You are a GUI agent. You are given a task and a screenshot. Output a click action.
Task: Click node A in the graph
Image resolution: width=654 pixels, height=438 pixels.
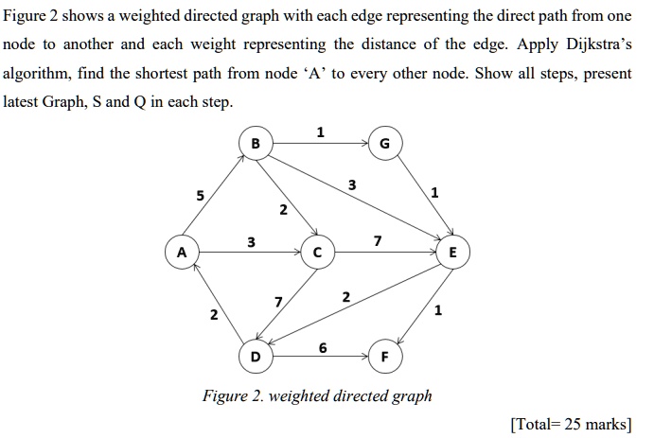[182, 253]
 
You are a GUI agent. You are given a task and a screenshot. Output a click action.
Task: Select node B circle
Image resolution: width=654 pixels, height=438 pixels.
[256, 144]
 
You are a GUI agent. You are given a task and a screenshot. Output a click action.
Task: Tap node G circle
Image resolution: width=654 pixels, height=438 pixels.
[385, 144]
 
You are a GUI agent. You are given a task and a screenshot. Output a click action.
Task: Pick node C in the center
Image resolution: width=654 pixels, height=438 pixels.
[317, 253]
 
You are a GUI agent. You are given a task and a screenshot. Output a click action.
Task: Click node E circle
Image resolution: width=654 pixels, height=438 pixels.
[453, 253]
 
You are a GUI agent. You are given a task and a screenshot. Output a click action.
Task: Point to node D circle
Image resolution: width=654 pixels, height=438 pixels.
[256, 357]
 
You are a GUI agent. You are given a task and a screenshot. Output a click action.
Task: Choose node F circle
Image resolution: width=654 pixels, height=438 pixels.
[385, 357]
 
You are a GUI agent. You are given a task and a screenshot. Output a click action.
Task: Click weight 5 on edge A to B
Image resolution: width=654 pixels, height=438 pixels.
[201, 195]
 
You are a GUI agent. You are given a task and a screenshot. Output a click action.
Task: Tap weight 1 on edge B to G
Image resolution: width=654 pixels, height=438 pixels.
[320, 132]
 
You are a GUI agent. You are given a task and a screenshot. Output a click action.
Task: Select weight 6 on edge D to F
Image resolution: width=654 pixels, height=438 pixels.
[323, 347]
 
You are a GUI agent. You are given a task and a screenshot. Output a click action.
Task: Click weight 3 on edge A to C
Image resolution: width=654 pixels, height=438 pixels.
[251, 242]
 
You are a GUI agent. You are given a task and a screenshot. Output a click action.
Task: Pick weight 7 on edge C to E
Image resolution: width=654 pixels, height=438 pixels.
[378, 241]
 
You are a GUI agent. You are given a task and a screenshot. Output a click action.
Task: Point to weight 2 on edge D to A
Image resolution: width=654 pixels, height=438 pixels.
[214, 315]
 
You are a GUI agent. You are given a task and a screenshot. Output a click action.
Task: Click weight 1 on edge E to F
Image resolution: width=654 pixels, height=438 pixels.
[438, 310]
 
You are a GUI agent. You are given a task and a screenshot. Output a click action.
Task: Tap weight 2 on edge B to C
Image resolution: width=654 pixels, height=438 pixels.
[283, 209]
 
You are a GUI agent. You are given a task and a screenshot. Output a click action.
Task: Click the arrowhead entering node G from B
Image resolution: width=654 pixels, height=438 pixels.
[365, 144]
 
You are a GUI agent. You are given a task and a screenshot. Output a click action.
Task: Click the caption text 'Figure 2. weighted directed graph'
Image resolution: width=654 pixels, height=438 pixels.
[317, 395]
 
